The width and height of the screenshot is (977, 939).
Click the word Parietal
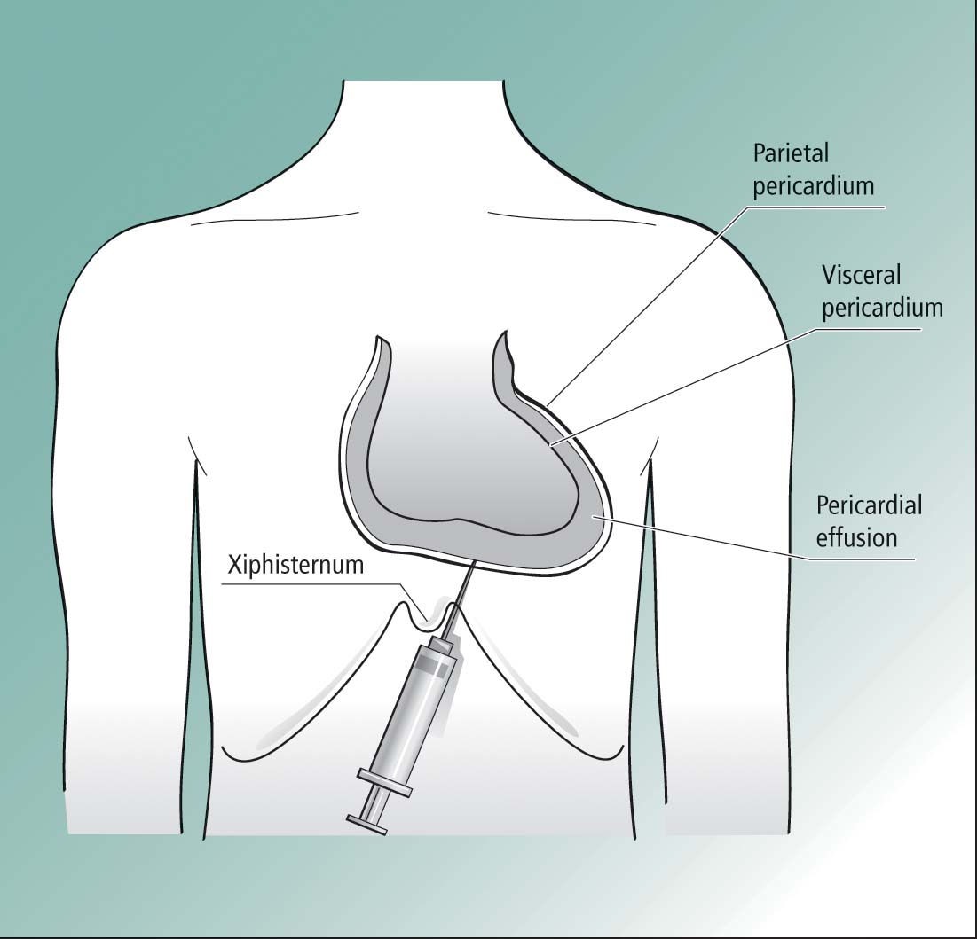pyautogui.click(x=791, y=153)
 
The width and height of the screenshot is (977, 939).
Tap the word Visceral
pyautogui.click(x=861, y=275)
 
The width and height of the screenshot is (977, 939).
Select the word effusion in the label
pyautogui.click(x=856, y=538)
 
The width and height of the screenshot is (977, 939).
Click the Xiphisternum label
pyautogui.click(x=295, y=565)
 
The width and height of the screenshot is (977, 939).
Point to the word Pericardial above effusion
pyautogui.click(x=869, y=505)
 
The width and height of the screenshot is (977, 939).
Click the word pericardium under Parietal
pyautogui.click(x=814, y=187)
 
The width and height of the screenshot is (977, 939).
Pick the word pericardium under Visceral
pyautogui.click(x=882, y=309)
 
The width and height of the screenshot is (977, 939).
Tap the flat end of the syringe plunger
pyautogui.click(x=367, y=824)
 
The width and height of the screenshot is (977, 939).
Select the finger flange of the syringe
pyautogui.click(x=384, y=782)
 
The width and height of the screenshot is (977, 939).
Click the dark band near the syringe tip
pyautogui.click(x=432, y=669)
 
